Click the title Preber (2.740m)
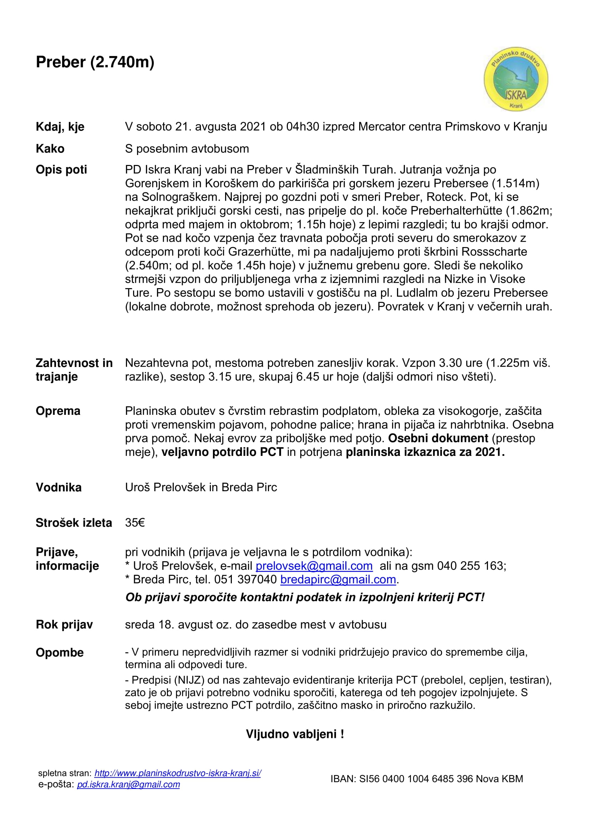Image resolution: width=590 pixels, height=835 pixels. (x=95, y=62)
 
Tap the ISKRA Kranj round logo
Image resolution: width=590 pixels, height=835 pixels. (x=515, y=79)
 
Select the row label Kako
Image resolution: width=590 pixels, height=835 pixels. (x=50, y=149)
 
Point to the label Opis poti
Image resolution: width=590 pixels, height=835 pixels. (x=61, y=170)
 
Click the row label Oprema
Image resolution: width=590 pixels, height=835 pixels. (x=58, y=411)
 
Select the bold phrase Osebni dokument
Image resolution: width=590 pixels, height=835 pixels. (x=438, y=438)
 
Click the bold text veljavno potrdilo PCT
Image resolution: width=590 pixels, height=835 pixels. (x=222, y=452)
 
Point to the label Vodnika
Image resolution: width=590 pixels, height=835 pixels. (x=59, y=487)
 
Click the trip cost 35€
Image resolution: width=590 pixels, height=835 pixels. (x=135, y=523)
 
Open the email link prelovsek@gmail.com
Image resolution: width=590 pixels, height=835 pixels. (x=314, y=566)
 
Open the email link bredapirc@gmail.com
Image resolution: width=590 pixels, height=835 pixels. (x=338, y=579)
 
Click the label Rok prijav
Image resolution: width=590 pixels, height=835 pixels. (x=64, y=625)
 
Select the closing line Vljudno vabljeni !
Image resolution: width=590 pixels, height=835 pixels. (x=295, y=734)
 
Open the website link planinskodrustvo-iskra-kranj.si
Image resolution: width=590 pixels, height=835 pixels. (x=178, y=773)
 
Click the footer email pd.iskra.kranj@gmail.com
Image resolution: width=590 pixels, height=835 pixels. (x=128, y=784)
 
